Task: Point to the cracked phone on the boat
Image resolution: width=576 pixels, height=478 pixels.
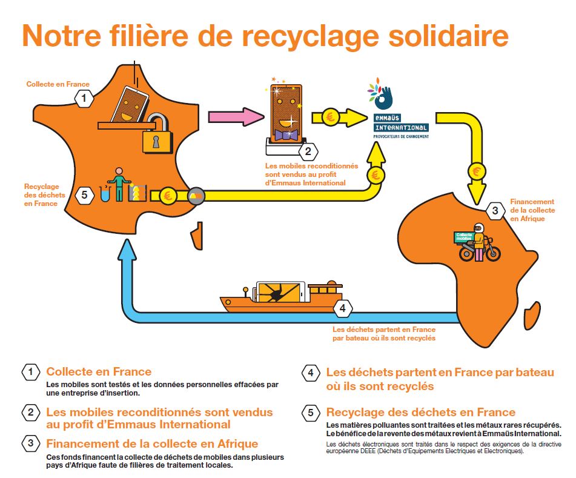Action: [x=279, y=293]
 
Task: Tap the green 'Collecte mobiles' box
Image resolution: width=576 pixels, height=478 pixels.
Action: [x=464, y=238]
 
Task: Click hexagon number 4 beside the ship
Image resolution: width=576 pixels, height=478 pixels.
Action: [x=343, y=308]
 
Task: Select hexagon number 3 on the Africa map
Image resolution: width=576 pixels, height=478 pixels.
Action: [x=495, y=211]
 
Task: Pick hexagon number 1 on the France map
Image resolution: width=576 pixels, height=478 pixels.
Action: [x=85, y=97]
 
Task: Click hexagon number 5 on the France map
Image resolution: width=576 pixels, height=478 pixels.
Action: [x=84, y=194]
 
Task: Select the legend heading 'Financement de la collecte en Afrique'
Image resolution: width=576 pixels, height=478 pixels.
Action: [x=152, y=443]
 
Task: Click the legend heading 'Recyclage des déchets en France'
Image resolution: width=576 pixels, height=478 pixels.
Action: [x=420, y=412]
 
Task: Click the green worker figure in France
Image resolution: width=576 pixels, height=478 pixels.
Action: [x=119, y=184]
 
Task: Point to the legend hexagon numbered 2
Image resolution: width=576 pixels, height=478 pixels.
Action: [x=30, y=413]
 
